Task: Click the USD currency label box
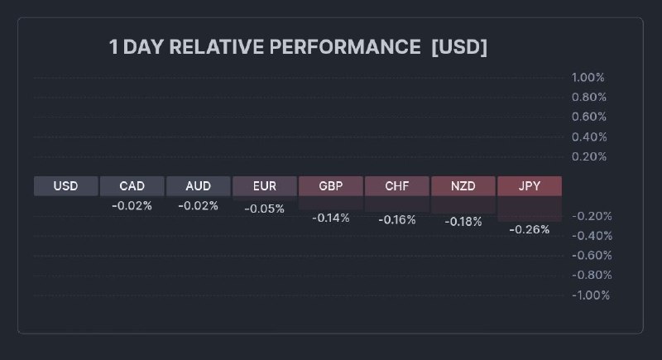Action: pos(65,186)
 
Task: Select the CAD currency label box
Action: pos(132,186)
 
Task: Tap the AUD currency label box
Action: pos(198,186)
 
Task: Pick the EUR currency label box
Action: pos(264,186)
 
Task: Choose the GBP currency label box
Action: pos(330,186)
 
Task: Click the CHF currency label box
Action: pos(396,186)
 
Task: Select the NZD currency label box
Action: pos(463,186)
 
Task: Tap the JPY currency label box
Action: pos(529,186)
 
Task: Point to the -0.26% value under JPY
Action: pos(529,229)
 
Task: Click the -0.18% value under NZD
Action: pos(463,222)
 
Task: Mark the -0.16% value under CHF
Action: pos(396,220)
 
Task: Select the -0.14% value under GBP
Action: pos(330,218)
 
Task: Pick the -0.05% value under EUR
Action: pos(264,209)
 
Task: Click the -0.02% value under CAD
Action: pos(132,205)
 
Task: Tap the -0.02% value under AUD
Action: pos(198,205)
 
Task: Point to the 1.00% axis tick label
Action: pos(588,78)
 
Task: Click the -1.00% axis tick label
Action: pos(590,295)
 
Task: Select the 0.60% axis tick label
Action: pos(588,117)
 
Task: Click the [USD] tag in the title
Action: pos(459,47)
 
